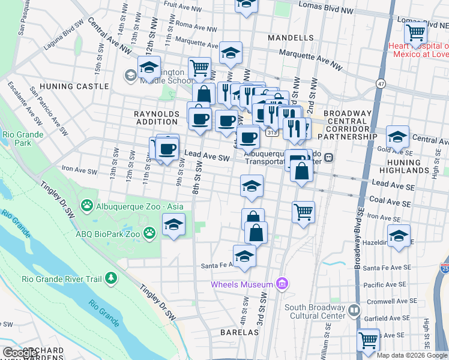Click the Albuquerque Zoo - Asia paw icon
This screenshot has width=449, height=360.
[x=88, y=206]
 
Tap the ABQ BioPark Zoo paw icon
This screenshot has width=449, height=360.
[x=149, y=232]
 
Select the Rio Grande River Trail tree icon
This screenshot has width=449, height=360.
[x=110, y=278]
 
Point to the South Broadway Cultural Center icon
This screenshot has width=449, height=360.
[x=354, y=310]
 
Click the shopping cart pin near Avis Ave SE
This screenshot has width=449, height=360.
[x=368, y=340]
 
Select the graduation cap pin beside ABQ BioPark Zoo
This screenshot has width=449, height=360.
[x=174, y=225]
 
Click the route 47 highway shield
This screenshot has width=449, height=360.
[x=381, y=83]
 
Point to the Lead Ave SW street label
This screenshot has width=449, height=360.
[x=207, y=157]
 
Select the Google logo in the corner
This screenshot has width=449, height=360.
[x=19, y=353]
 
